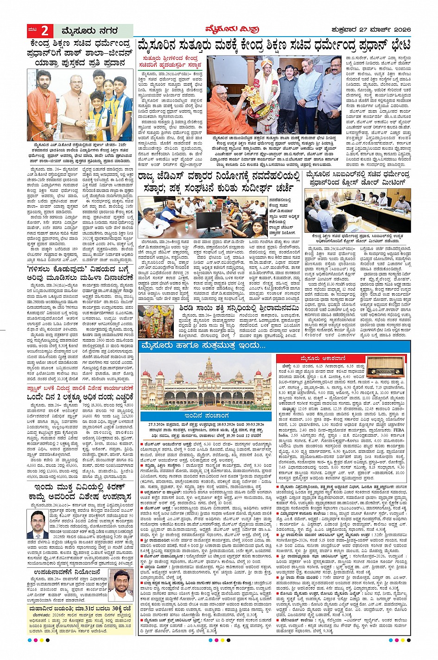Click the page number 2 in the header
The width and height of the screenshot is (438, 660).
(x=44, y=31)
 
